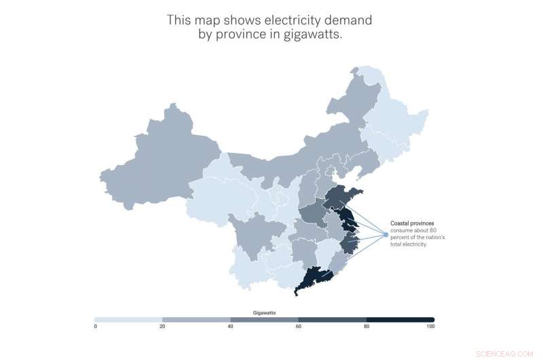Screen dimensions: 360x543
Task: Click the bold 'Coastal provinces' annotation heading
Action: click(412, 223)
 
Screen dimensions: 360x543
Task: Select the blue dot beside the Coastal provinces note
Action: click(385, 234)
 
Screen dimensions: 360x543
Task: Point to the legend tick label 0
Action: click(96, 327)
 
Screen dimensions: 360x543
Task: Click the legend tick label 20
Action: click(163, 327)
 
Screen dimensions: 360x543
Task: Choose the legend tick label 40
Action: click(231, 327)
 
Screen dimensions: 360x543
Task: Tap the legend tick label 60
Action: click(299, 327)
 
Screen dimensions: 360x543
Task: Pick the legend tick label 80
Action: click(367, 327)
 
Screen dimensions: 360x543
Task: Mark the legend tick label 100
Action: click(431, 327)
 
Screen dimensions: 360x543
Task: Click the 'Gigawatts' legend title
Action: click(264, 312)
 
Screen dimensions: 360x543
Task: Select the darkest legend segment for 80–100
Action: click(400, 319)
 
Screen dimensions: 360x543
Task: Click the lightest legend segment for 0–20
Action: click(129, 319)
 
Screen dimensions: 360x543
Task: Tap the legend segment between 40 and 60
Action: click(265, 319)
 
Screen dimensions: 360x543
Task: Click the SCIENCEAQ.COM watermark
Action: click(514, 353)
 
